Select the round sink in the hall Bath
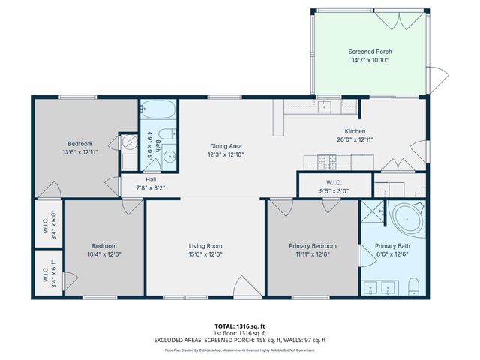tap(170, 157)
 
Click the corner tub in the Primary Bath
tap(407, 220)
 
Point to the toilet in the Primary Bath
tap(413, 286)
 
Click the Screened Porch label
tap(370, 52)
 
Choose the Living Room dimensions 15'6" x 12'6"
tap(205, 253)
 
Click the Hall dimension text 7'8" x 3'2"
tap(151, 187)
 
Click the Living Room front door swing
tap(245, 286)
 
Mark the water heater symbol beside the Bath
tap(128, 142)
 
